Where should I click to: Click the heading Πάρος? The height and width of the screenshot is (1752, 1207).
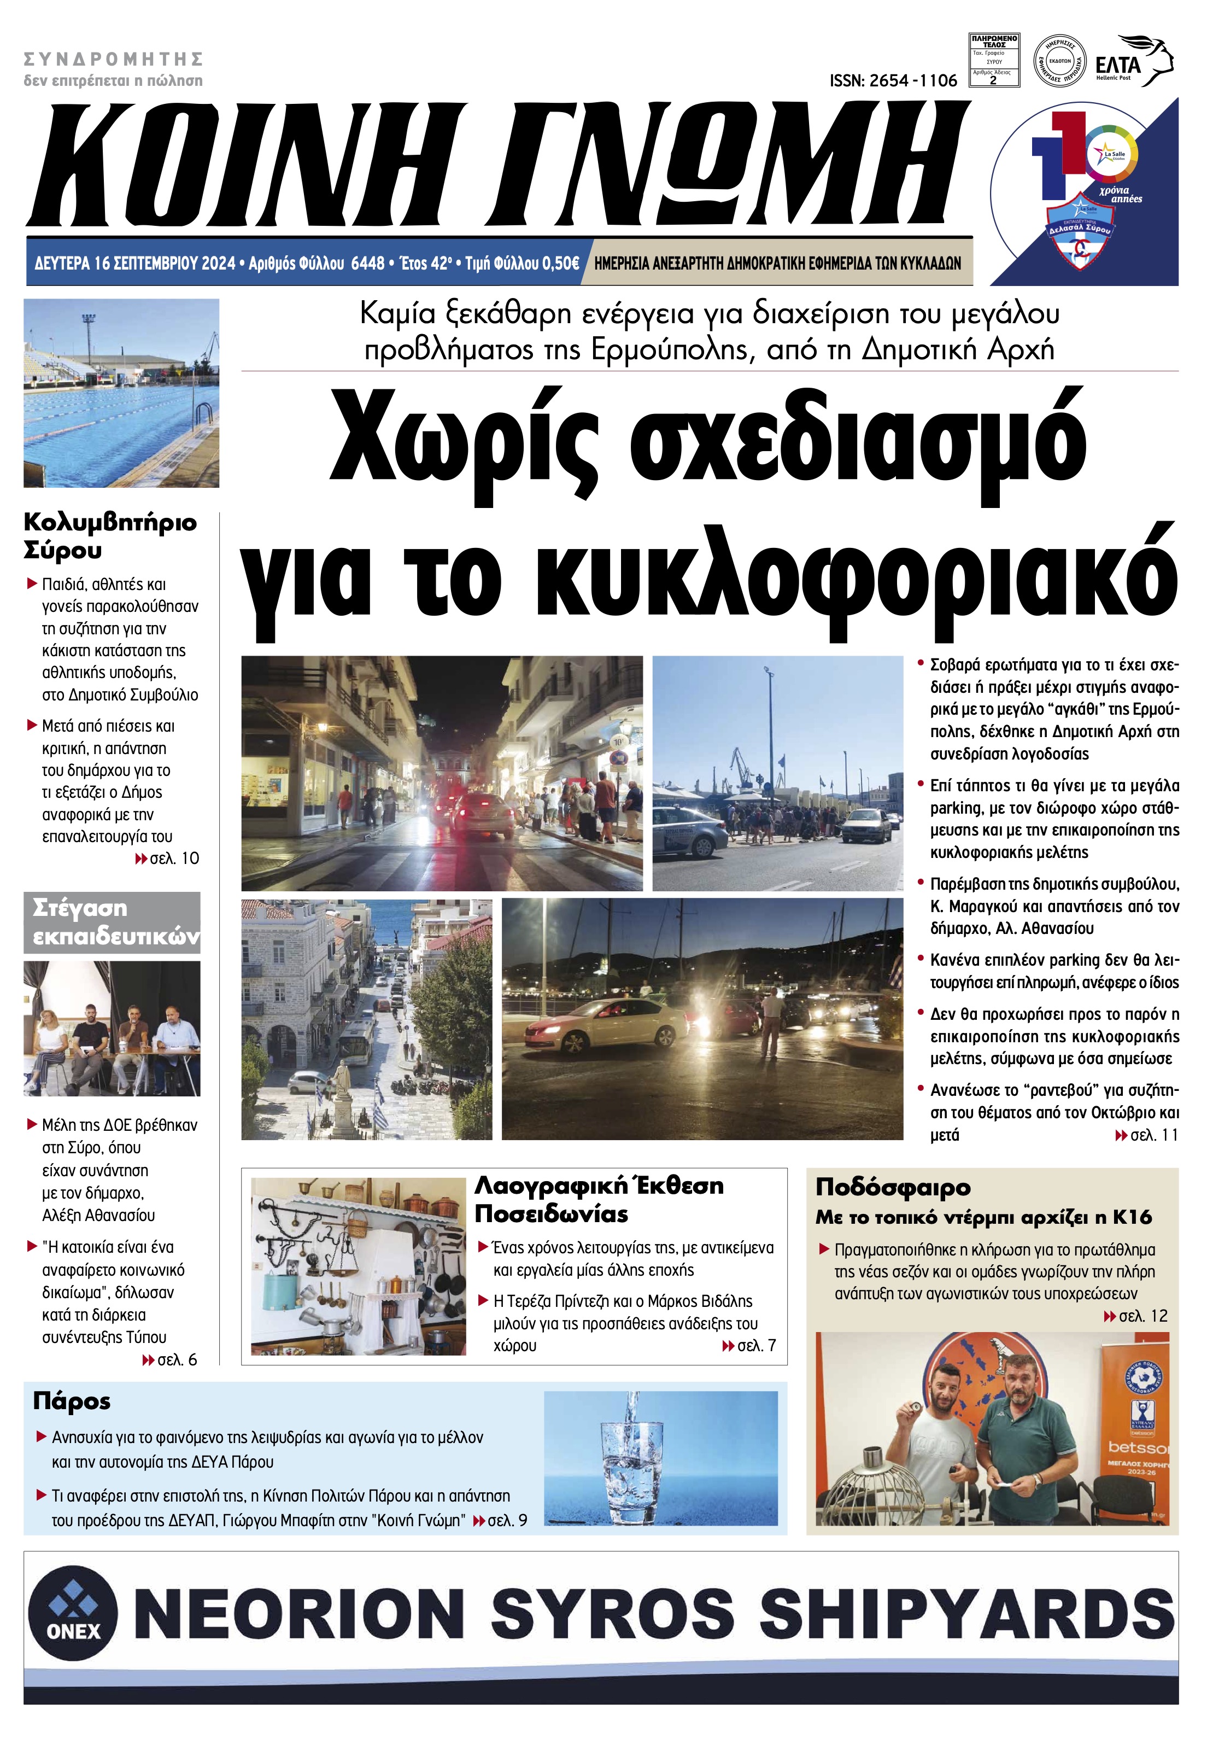[72, 1401]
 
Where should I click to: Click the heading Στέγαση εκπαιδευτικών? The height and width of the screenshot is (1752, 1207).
[112, 922]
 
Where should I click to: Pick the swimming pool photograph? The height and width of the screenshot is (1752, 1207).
[121, 393]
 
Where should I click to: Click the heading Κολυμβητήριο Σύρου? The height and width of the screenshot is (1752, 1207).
[110, 535]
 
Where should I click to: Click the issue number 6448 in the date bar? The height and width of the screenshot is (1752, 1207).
[368, 263]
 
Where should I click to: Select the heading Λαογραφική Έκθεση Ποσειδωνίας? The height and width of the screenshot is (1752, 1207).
[599, 1200]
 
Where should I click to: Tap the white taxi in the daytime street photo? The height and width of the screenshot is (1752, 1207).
[689, 831]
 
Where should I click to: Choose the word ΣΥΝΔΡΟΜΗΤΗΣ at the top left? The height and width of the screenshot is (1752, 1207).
[114, 59]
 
